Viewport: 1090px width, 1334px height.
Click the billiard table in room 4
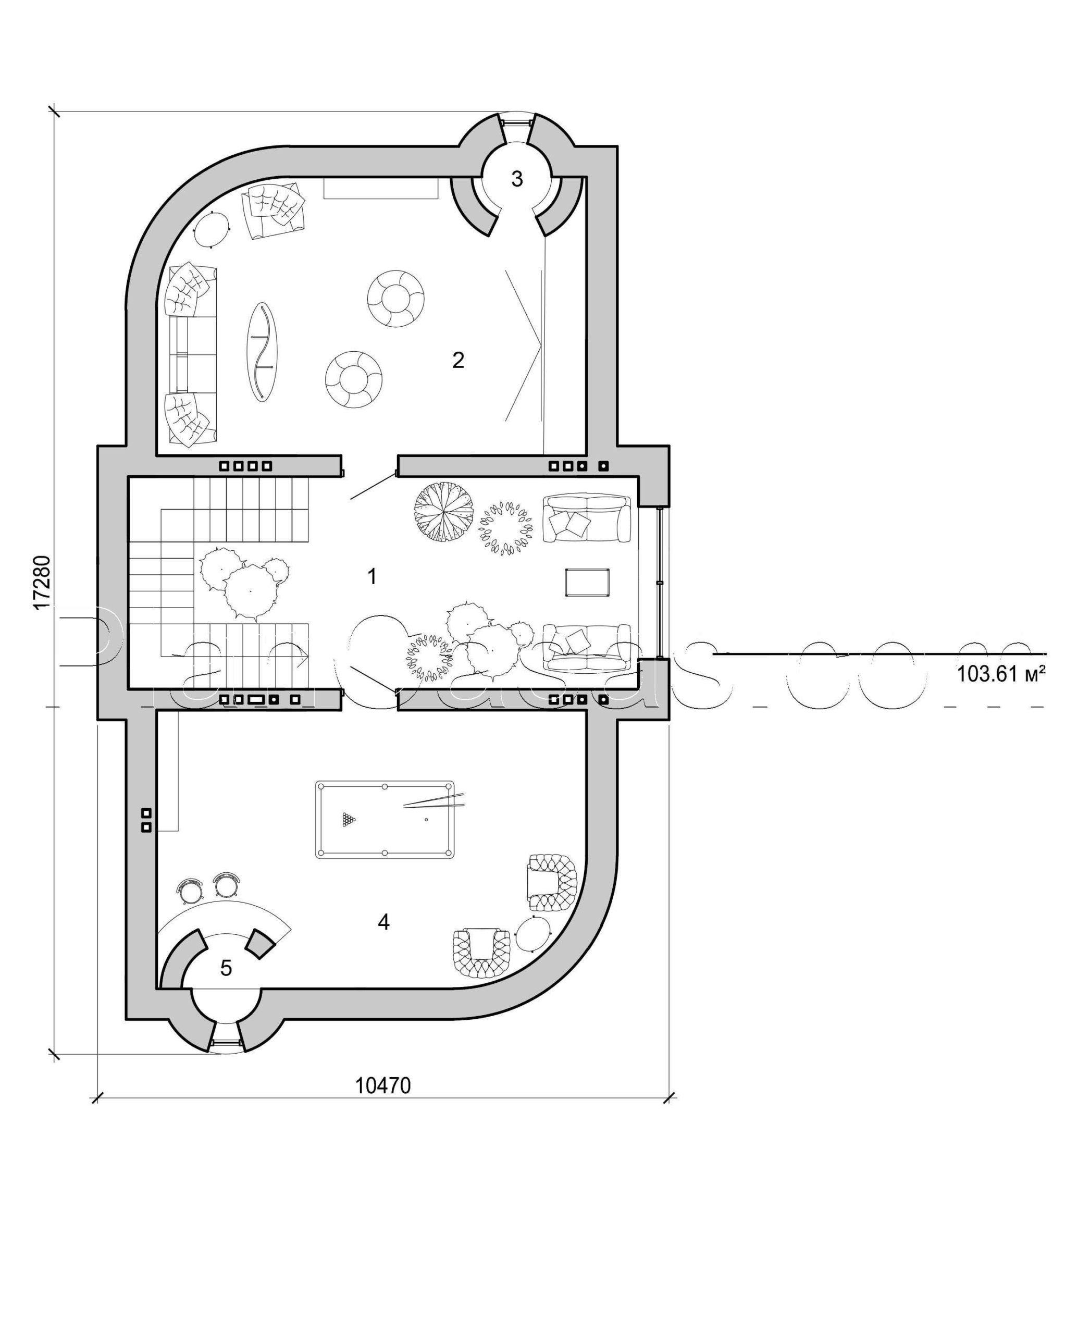tap(385, 819)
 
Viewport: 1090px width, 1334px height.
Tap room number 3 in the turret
tap(517, 179)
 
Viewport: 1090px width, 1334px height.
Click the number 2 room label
tap(459, 361)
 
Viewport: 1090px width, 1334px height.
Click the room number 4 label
tap(383, 922)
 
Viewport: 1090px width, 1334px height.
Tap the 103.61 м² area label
tap(1001, 674)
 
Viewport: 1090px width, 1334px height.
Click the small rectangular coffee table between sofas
tap(587, 582)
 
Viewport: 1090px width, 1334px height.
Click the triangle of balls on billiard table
tap(349, 819)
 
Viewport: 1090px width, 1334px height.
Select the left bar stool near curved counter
tap(190, 887)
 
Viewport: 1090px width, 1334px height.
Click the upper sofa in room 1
tap(587, 518)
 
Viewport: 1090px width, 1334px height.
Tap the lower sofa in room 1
tap(587, 648)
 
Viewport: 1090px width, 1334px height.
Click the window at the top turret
tap(517, 121)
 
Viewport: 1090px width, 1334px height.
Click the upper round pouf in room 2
tap(395, 299)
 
